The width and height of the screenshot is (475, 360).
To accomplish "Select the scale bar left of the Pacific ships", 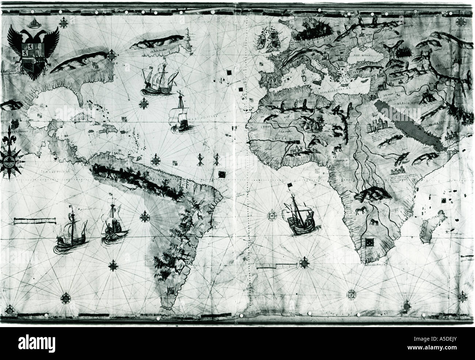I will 35,220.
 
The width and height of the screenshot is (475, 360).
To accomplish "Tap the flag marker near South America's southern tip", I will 170,290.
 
